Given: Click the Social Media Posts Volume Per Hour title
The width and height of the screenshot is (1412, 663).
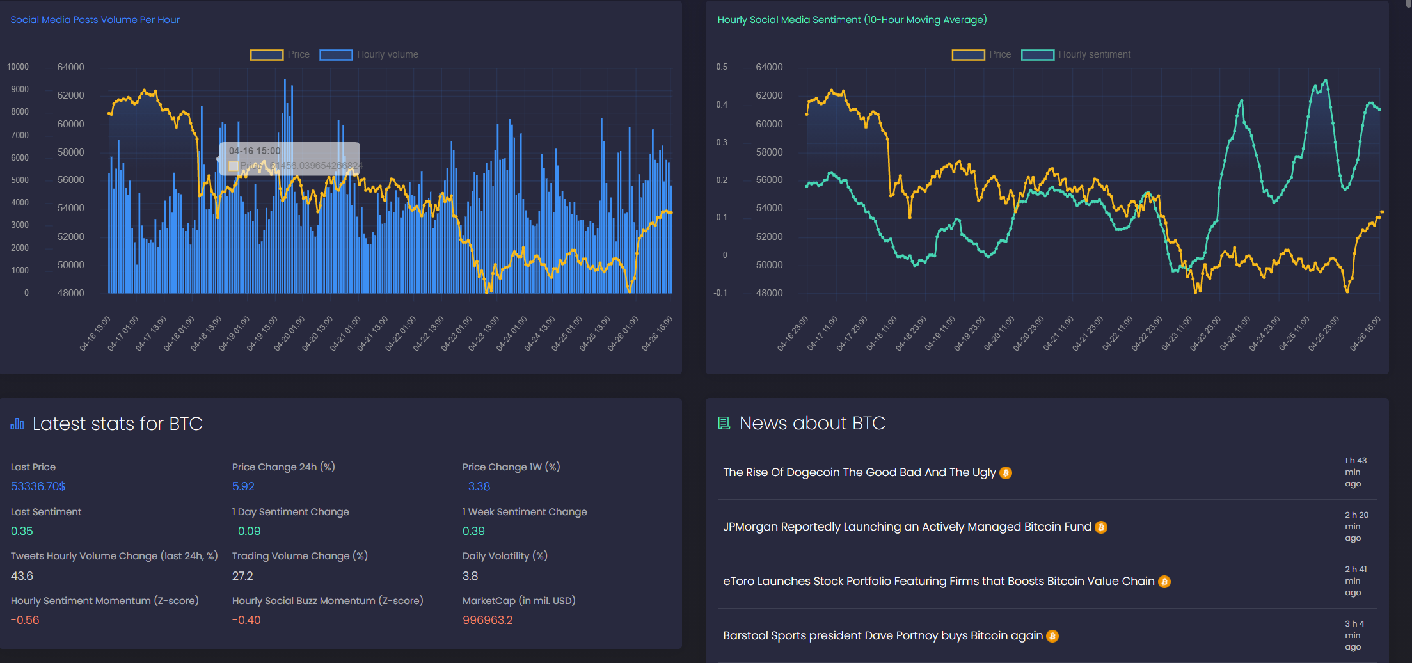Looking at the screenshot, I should pos(95,20).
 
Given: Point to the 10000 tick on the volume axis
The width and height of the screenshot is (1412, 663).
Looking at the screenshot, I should pos(18,67).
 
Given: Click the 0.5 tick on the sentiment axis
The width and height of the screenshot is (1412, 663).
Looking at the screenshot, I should pos(722,67).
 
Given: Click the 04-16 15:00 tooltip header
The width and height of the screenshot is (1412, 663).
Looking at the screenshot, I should pos(255,151).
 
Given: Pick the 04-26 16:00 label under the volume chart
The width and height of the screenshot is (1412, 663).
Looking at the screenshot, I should pos(657,333).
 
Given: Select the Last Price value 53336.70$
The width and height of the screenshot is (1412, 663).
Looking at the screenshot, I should pos(38,486).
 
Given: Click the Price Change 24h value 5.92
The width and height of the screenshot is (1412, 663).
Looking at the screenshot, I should pos(243,486).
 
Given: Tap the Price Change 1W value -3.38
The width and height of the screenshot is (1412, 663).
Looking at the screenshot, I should pos(476,486).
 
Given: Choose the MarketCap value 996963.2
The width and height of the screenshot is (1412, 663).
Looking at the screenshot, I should pos(488,620).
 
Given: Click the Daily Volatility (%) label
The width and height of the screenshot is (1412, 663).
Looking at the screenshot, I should pos(505,556).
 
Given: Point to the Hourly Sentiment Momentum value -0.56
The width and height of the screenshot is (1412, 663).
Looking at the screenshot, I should pos(25,620).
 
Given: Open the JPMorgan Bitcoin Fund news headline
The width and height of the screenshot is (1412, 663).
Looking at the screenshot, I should pos(907,527).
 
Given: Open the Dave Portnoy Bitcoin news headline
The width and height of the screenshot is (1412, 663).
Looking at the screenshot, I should pos(882,635).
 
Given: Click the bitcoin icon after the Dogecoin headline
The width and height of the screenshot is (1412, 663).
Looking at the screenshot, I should pos(1006,473).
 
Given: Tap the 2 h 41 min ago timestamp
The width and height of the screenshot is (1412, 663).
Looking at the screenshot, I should pos(1355,580).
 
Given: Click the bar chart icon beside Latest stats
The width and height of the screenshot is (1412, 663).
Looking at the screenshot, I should pos(17,424).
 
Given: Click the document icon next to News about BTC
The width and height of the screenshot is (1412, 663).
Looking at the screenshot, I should pos(724,423).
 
